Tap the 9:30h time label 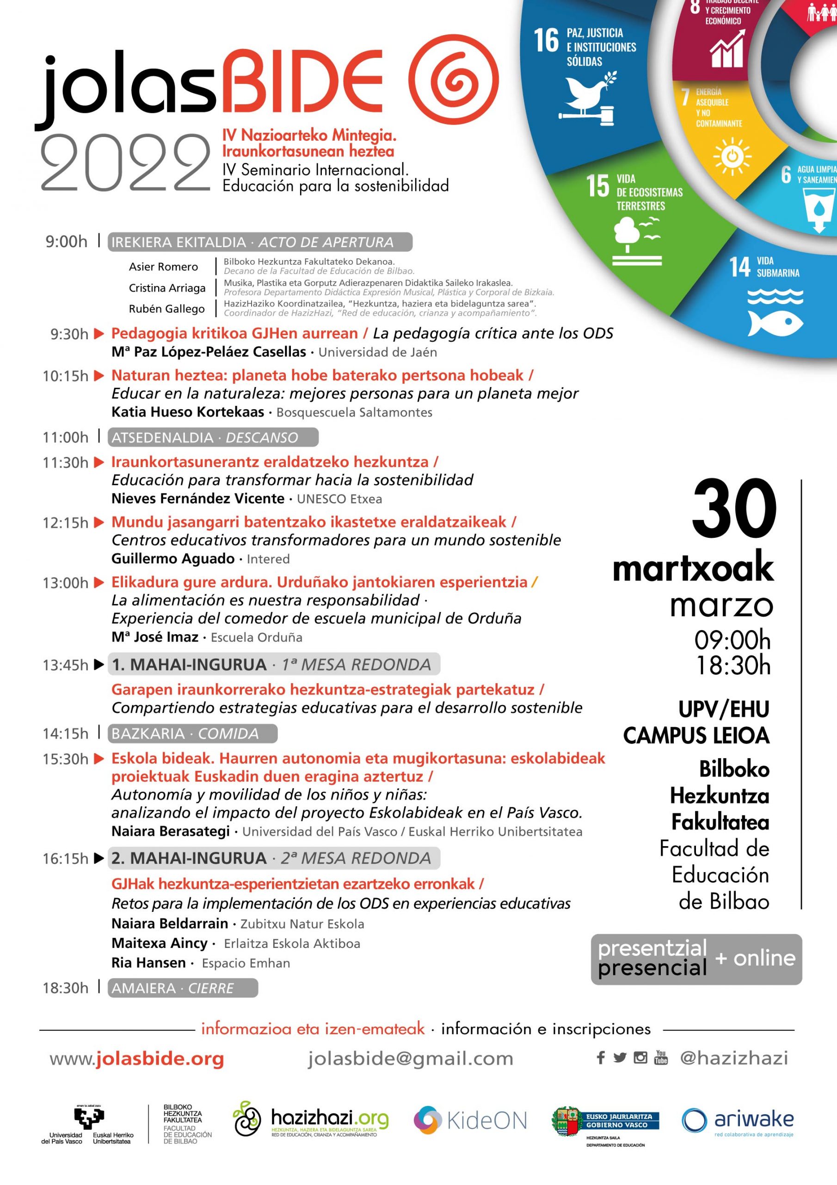point(69,335)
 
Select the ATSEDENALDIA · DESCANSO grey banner point(212,438)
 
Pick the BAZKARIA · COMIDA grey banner point(192,733)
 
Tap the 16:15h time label point(66,859)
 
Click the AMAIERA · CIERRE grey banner point(183,988)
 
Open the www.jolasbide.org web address point(137,1059)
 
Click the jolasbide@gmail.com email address point(411,1059)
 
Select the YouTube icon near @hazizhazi point(661,1058)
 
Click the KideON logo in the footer point(470,1120)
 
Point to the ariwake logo point(738,1120)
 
